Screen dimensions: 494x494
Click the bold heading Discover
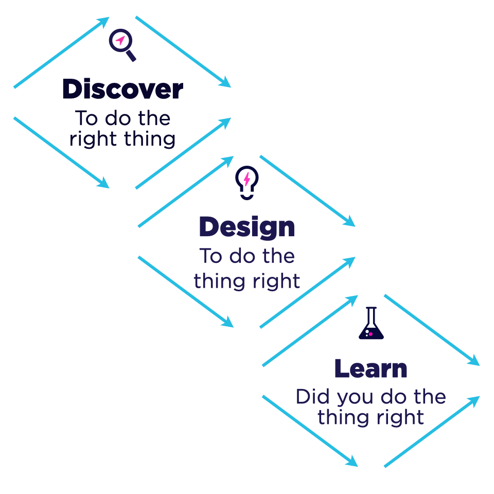point(123,89)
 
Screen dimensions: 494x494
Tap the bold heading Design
point(248,227)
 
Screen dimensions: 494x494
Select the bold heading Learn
point(371,368)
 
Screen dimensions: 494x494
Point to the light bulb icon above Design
point(247,182)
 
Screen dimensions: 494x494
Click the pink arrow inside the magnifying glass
point(120,40)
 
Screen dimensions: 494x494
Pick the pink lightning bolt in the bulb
point(247,179)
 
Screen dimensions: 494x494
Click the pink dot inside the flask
point(371,334)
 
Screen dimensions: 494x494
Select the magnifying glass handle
point(131,56)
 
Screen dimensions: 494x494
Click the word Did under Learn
point(313,397)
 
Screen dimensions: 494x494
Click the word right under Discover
point(93,139)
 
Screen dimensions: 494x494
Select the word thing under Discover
point(150,139)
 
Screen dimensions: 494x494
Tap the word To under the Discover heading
point(86,118)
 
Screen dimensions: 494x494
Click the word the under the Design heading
point(279,256)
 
